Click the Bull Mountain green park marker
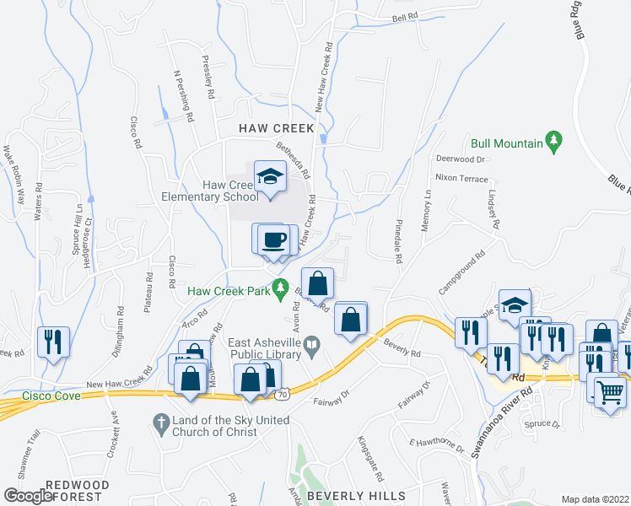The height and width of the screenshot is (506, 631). tap(553, 140)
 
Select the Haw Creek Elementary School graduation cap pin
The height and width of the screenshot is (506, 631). tap(270, 179)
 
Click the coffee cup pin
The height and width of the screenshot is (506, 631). tap(275, 240)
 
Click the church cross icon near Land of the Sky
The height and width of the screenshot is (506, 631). tap(159, 421)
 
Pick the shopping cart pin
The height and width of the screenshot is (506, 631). tap(610, 391)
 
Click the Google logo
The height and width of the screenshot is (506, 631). tap(28, 496)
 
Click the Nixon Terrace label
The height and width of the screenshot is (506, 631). tap(461, 179)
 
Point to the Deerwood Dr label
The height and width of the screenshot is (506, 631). tap(461, 159)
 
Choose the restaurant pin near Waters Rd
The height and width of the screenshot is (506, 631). tap(52, 342)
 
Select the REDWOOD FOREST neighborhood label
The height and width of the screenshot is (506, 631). tap(77, 491)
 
